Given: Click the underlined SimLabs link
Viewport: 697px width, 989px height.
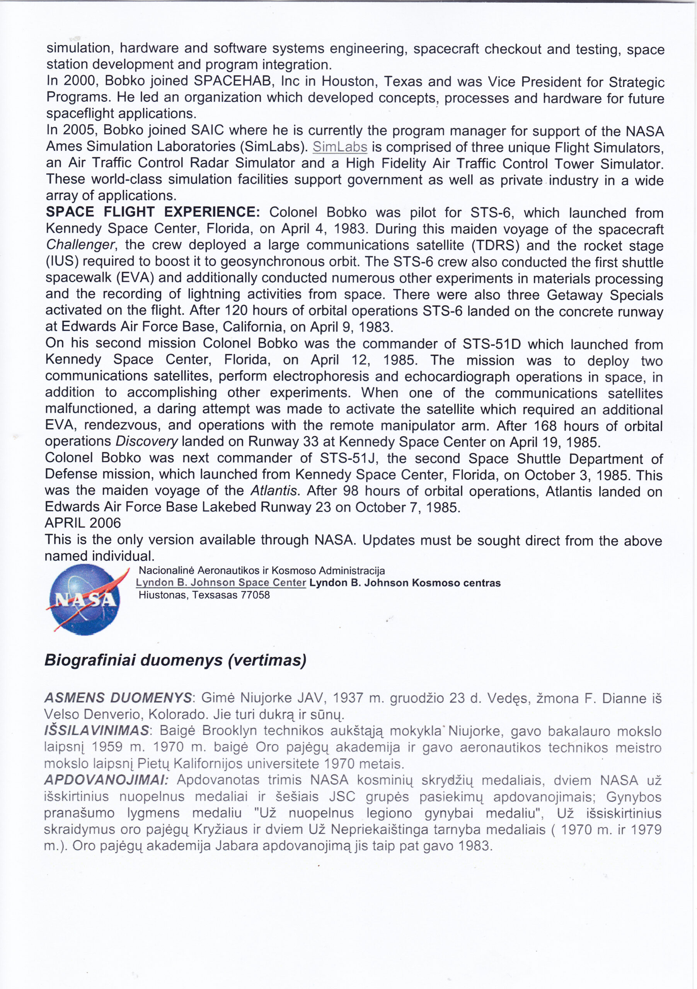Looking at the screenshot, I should (340, 147).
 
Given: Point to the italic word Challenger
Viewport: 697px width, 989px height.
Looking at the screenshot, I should (80, 245).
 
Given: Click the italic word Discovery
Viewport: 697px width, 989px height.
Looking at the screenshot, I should (147, 442).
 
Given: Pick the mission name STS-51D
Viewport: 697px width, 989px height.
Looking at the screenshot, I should (492, 344).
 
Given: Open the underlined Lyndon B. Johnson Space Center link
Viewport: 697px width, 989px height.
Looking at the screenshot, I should (221, 583).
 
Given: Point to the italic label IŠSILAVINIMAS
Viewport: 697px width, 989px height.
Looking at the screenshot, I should (97, 731).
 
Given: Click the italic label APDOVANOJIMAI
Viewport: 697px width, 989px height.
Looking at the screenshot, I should (106, 780).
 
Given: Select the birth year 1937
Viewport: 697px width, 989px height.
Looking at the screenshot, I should (348, 698).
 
